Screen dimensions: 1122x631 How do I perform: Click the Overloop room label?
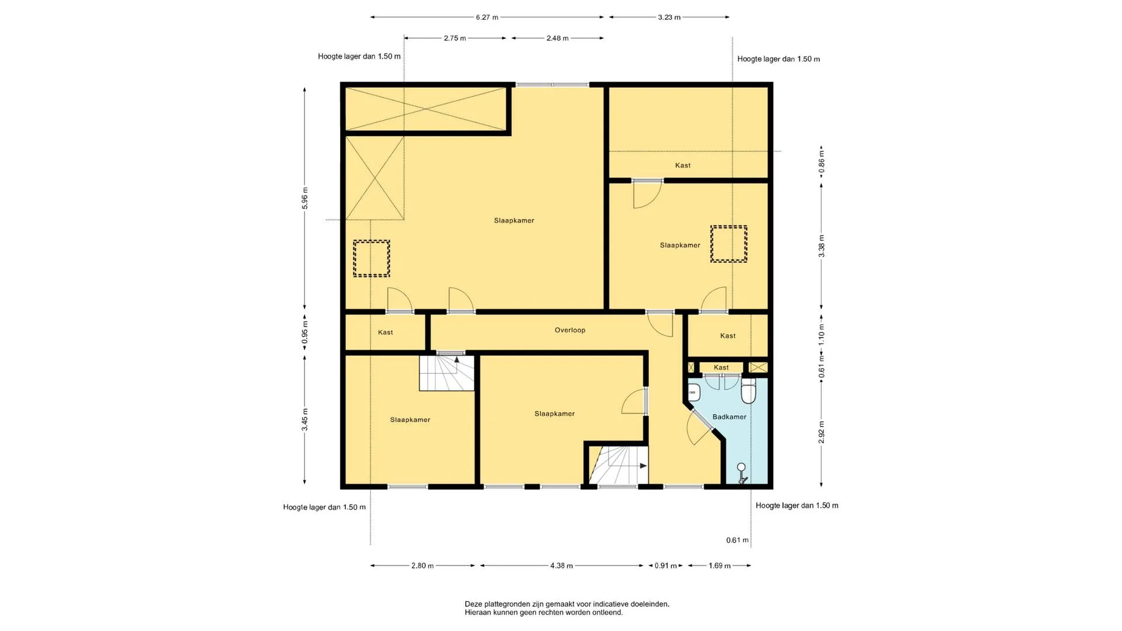coord(570,330)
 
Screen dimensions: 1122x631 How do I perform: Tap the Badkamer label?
coord(729,417)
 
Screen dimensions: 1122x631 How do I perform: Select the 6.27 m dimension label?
coord(487,18)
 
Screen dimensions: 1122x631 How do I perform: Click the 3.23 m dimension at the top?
coord(669,18)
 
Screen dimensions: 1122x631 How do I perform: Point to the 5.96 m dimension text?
coord(305,198)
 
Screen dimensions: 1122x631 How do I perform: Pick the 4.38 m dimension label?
coord(562,566)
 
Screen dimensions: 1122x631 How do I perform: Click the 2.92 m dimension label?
coord(822,432)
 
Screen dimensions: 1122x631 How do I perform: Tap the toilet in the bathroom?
coord(749,391)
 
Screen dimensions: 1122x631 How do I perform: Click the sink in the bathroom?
coord(694,392)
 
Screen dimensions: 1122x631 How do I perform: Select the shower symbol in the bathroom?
coord(742,473)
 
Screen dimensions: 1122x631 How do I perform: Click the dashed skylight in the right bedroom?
coord(729,244)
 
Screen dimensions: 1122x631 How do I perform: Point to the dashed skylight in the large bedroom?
coord(371,258)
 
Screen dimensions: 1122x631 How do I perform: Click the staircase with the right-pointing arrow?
coord(618,465)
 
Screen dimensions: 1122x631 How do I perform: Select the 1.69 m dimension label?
coord(719,566)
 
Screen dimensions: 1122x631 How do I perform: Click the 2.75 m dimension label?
coord(455,39)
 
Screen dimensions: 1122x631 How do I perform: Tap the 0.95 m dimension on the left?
coord(305,333)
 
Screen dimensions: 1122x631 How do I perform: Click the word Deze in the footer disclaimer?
coord(473,604)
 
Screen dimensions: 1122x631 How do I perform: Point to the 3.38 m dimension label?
coord(822,246)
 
